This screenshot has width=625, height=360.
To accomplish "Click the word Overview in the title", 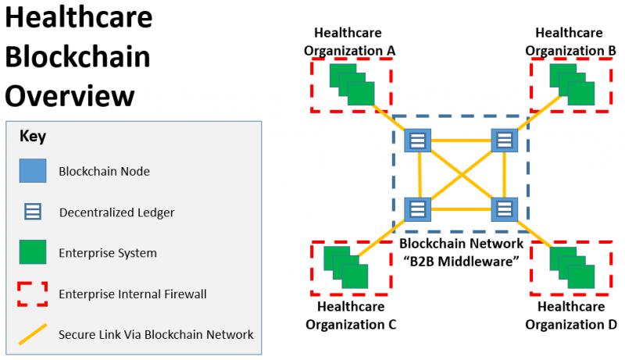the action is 70,95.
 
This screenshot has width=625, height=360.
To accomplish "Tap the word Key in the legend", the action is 33,137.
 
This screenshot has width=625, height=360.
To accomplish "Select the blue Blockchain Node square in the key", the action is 33,170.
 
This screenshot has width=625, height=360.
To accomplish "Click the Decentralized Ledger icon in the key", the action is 33,212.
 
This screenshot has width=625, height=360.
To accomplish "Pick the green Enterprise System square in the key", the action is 33,251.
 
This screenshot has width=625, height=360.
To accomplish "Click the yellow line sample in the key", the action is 33,333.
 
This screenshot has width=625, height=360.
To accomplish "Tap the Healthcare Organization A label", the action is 349,42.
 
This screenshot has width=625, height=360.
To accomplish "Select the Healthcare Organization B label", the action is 570,42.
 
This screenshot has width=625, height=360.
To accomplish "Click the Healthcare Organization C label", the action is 351,315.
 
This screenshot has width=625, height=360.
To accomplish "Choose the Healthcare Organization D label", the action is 571,315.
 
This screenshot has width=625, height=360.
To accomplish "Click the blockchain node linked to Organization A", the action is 417,141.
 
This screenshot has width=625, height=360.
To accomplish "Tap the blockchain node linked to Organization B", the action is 504,141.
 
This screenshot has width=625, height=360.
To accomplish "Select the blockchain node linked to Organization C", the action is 417,209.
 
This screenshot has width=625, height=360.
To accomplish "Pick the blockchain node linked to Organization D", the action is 504,209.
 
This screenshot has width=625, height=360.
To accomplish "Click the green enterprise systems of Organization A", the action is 352,84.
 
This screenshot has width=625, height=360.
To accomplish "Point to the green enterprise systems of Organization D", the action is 572,268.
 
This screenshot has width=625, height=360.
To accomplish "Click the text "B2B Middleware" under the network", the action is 461,262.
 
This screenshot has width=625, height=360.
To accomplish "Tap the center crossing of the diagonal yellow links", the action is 461,175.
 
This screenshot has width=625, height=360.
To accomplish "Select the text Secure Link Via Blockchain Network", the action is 155,334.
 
